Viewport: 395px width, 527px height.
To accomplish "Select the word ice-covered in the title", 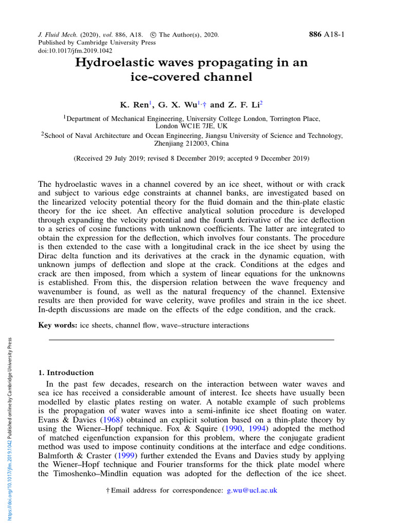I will tap(163, 78).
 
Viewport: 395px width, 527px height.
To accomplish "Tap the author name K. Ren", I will tap(135, 105).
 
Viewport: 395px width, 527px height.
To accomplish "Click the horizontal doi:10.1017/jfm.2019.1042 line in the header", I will tap(75, 51).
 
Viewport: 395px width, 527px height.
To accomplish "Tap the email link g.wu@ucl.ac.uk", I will tap(252, 490).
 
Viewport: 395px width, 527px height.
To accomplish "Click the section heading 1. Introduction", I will tap(66, 373).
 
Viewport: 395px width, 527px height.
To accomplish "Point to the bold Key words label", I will tap(58, 325).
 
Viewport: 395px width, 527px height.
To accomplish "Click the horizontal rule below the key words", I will tap(191, 340).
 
